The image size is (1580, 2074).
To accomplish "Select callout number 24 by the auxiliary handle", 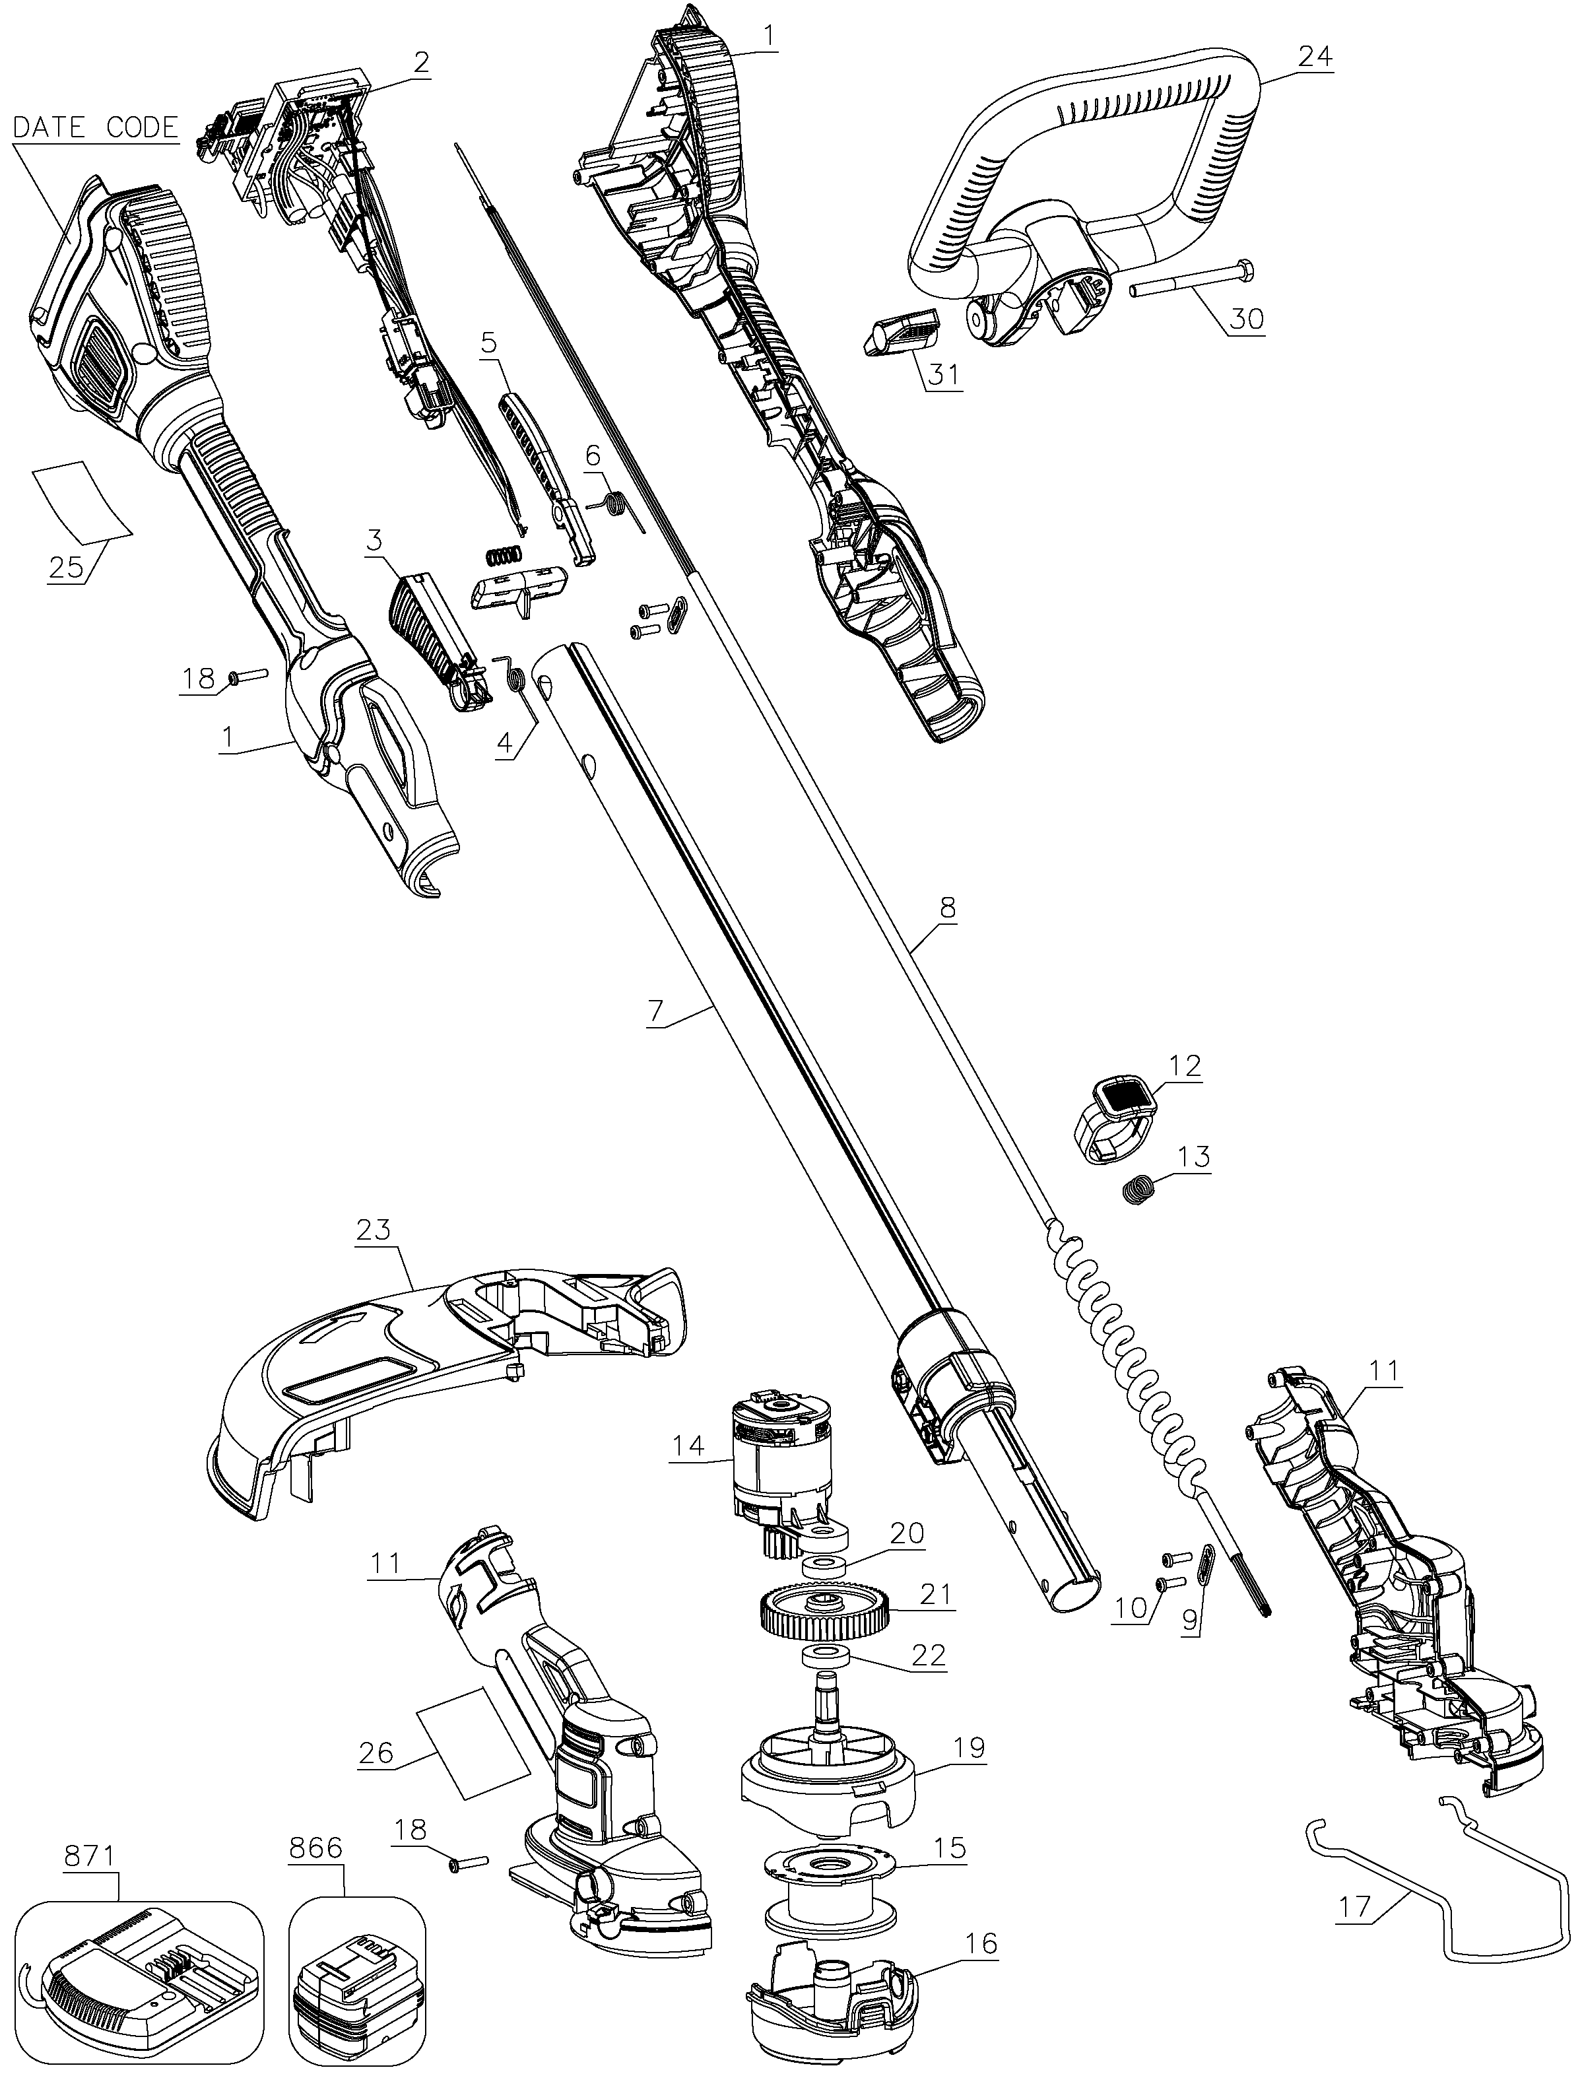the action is pos(1315,56).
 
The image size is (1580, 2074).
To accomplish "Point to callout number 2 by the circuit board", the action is pos(420,62).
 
